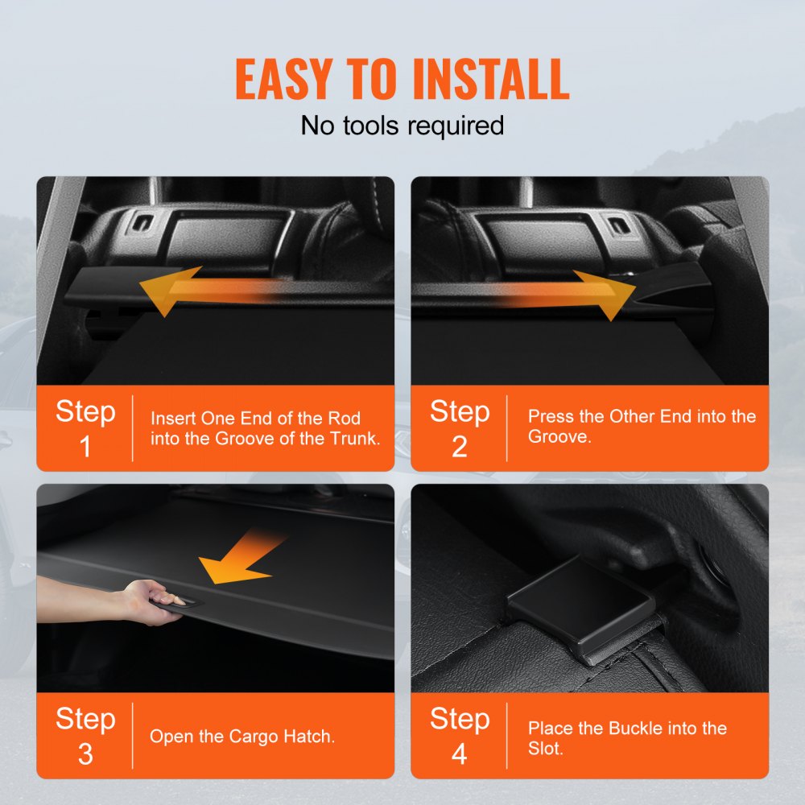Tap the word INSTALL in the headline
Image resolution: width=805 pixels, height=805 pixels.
tap(490, 79)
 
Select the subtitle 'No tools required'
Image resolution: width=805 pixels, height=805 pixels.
tap(402, 125)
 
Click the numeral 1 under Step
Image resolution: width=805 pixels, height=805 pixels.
tap(85, 447)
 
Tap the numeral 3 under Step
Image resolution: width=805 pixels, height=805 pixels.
tap(85, 753)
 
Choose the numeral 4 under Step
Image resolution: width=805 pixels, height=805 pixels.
tap(459, 753)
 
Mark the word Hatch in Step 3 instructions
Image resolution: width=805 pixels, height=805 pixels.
tap(307, 736)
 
